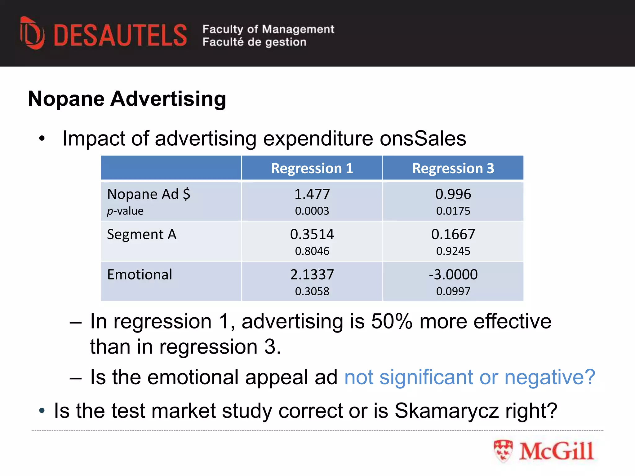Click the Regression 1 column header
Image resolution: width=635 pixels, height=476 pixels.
pos(312,168)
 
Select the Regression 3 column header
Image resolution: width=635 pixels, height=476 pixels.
pos(453,168)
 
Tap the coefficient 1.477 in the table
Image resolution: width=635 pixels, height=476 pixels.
pos(312,194)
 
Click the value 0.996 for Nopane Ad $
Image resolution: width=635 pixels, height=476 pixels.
pos(453,194)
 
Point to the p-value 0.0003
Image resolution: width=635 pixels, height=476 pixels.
pos(312,211)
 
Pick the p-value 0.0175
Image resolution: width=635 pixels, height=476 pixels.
pos(453,211)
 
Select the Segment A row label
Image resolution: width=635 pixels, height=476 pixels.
pos(142,235)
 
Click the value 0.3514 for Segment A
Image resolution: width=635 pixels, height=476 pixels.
pos(312,235)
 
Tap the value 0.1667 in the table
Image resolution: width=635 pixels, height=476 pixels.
pos(453,235)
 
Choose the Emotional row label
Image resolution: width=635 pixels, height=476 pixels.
pos(140,275)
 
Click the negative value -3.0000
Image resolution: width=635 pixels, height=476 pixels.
pos(453,275)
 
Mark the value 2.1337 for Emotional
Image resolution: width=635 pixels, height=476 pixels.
pos(312,275)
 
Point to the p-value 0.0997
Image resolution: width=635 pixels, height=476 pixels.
pos(453,291)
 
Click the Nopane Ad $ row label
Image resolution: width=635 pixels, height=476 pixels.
pos(149,194)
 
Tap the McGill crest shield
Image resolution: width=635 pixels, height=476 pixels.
pos(503,451)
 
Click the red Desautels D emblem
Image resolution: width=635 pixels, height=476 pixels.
pos(32,33)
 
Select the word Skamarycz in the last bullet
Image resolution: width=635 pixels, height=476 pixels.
pos(447,411)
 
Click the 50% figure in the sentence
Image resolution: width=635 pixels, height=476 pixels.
pos(392,321)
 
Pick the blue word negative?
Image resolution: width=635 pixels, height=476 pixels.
pos(550,377)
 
